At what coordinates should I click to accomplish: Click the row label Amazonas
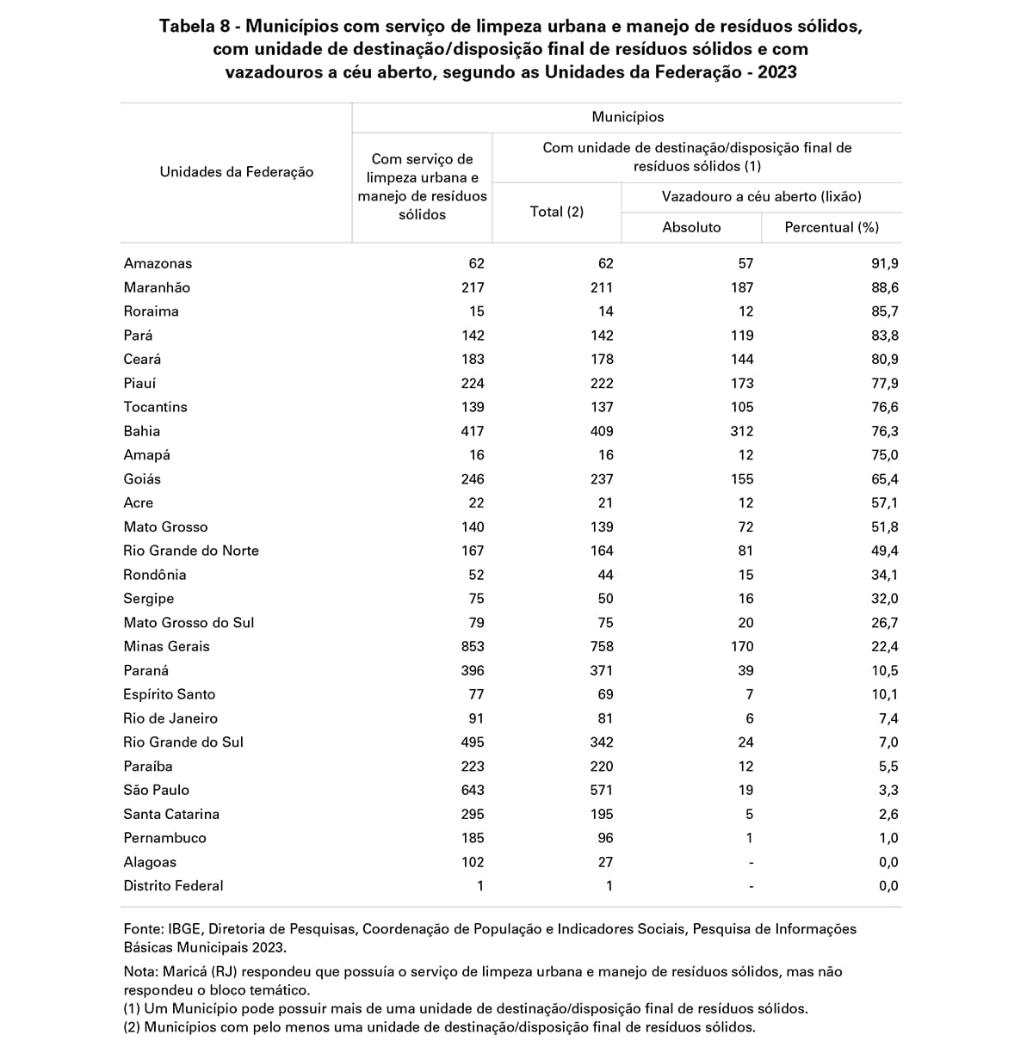pyautogui.click(x=158, y=263)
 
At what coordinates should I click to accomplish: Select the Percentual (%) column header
pyautogui.click(x=832, y=227)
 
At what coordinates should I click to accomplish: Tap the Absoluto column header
pyautogui.click(x=691, y=227)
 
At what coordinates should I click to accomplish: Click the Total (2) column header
pyautogui.click(x=556, y=212)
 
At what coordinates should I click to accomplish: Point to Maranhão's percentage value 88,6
pyautogui.click(x=884, y=287)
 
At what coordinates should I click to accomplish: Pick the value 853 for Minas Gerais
pyautogui.click(x=473, y=646)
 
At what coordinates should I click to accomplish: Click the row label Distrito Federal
pyautogui.click(x=173, y=885)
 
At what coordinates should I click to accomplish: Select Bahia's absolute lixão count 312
pyautogui.click(x=741, y=431)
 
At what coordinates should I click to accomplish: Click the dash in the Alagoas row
pyautogui.click(x=751, y=862)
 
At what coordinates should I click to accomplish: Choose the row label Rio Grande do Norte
pyautogui.click(x=191, y=551)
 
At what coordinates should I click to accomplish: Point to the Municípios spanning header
pyautogui.click(x=628, y=117)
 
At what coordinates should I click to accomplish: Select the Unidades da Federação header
pyautogui.click(x=237, y=172)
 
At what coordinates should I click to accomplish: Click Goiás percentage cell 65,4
pyautogui.click(x=884, y=479)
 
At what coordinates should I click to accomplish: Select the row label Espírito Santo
pyautogui.click(x=170, y=694)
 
